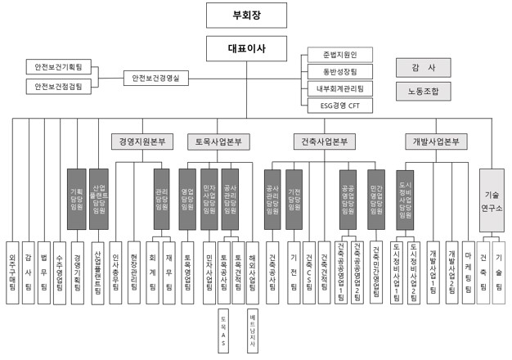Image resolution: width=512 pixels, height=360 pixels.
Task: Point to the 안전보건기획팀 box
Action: [x=56, y=65]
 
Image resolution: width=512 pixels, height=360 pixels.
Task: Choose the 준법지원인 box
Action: [x=339, y=55]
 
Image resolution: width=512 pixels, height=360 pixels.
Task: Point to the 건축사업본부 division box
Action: [x=324, y=142]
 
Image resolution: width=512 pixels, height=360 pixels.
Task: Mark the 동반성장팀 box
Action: [x=339, y=72]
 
